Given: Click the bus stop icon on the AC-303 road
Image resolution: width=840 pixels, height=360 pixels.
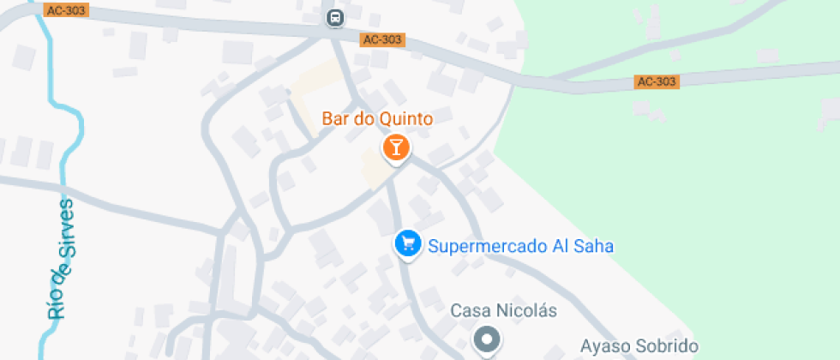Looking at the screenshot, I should coord(335,17).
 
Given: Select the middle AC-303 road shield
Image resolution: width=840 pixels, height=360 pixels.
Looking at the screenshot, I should coord(382,40).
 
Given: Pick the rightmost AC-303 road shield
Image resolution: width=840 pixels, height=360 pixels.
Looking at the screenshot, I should coord(657,81).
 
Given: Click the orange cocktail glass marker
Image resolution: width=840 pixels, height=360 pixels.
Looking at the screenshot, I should coord(395,147).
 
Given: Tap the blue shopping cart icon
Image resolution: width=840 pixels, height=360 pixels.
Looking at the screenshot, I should coord(407,245).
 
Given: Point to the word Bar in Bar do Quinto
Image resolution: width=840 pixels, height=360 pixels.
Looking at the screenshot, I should coord(335,117).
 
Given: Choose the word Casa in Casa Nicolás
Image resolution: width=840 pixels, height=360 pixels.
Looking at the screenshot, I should coord(470,310).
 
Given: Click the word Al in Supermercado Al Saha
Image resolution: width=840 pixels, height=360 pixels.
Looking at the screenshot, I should coord(562,246).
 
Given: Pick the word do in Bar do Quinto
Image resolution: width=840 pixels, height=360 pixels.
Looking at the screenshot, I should coord(363,117).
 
